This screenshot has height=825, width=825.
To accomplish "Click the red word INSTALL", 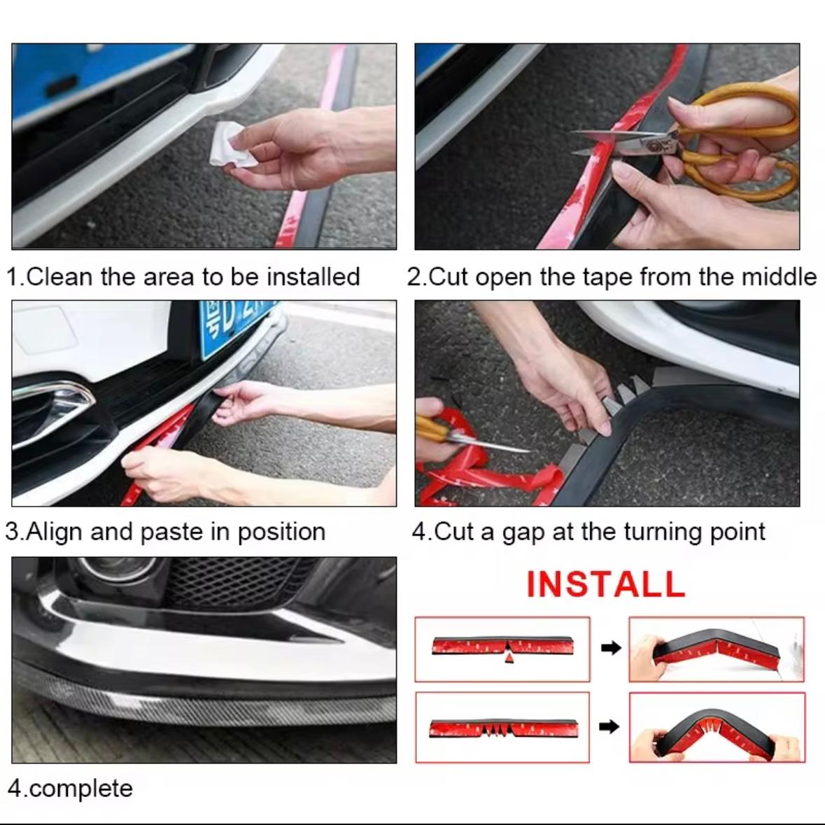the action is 605,584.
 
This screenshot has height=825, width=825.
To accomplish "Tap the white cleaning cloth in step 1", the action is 232,144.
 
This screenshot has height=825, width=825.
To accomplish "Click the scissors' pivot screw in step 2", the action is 654,145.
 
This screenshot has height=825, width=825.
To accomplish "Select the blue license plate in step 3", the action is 236,326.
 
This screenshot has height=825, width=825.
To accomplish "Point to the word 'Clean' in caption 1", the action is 59,276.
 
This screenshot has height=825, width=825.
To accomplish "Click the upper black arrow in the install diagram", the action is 611,648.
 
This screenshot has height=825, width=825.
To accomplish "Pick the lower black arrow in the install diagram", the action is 609,726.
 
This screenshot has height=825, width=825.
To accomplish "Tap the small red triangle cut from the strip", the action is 509,658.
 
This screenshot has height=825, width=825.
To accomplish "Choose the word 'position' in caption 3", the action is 281,532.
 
